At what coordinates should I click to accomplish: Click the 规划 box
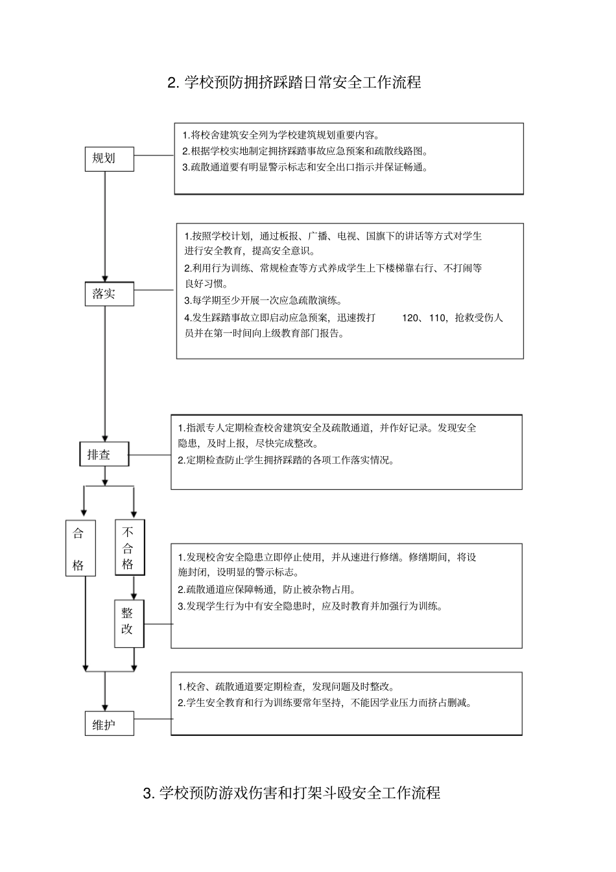pos(109,159)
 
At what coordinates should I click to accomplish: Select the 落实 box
pos(109,293)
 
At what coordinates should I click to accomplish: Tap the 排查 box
pos(104,455)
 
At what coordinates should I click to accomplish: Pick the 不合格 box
pos(129,547)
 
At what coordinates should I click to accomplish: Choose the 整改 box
pos(128,623)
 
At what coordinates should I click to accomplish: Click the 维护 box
pos(109,724)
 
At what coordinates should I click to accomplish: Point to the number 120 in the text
pos(411,318)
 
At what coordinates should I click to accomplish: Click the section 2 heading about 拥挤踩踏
pos(294,83)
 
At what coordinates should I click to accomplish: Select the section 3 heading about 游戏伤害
pos(291,793)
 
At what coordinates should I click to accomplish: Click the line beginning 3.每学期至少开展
pos(263,301)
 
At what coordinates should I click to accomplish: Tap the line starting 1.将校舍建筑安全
pos(281,135)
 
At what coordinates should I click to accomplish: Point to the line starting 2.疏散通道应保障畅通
pos(267,590)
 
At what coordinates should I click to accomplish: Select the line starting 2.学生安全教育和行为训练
pos(324,703)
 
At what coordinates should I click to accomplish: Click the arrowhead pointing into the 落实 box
pos(105,277)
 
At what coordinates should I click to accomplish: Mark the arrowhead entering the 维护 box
pos(105,707)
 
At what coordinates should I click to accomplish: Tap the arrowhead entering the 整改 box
pos(134,596)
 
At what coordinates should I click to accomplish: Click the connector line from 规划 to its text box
pos(154,155)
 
